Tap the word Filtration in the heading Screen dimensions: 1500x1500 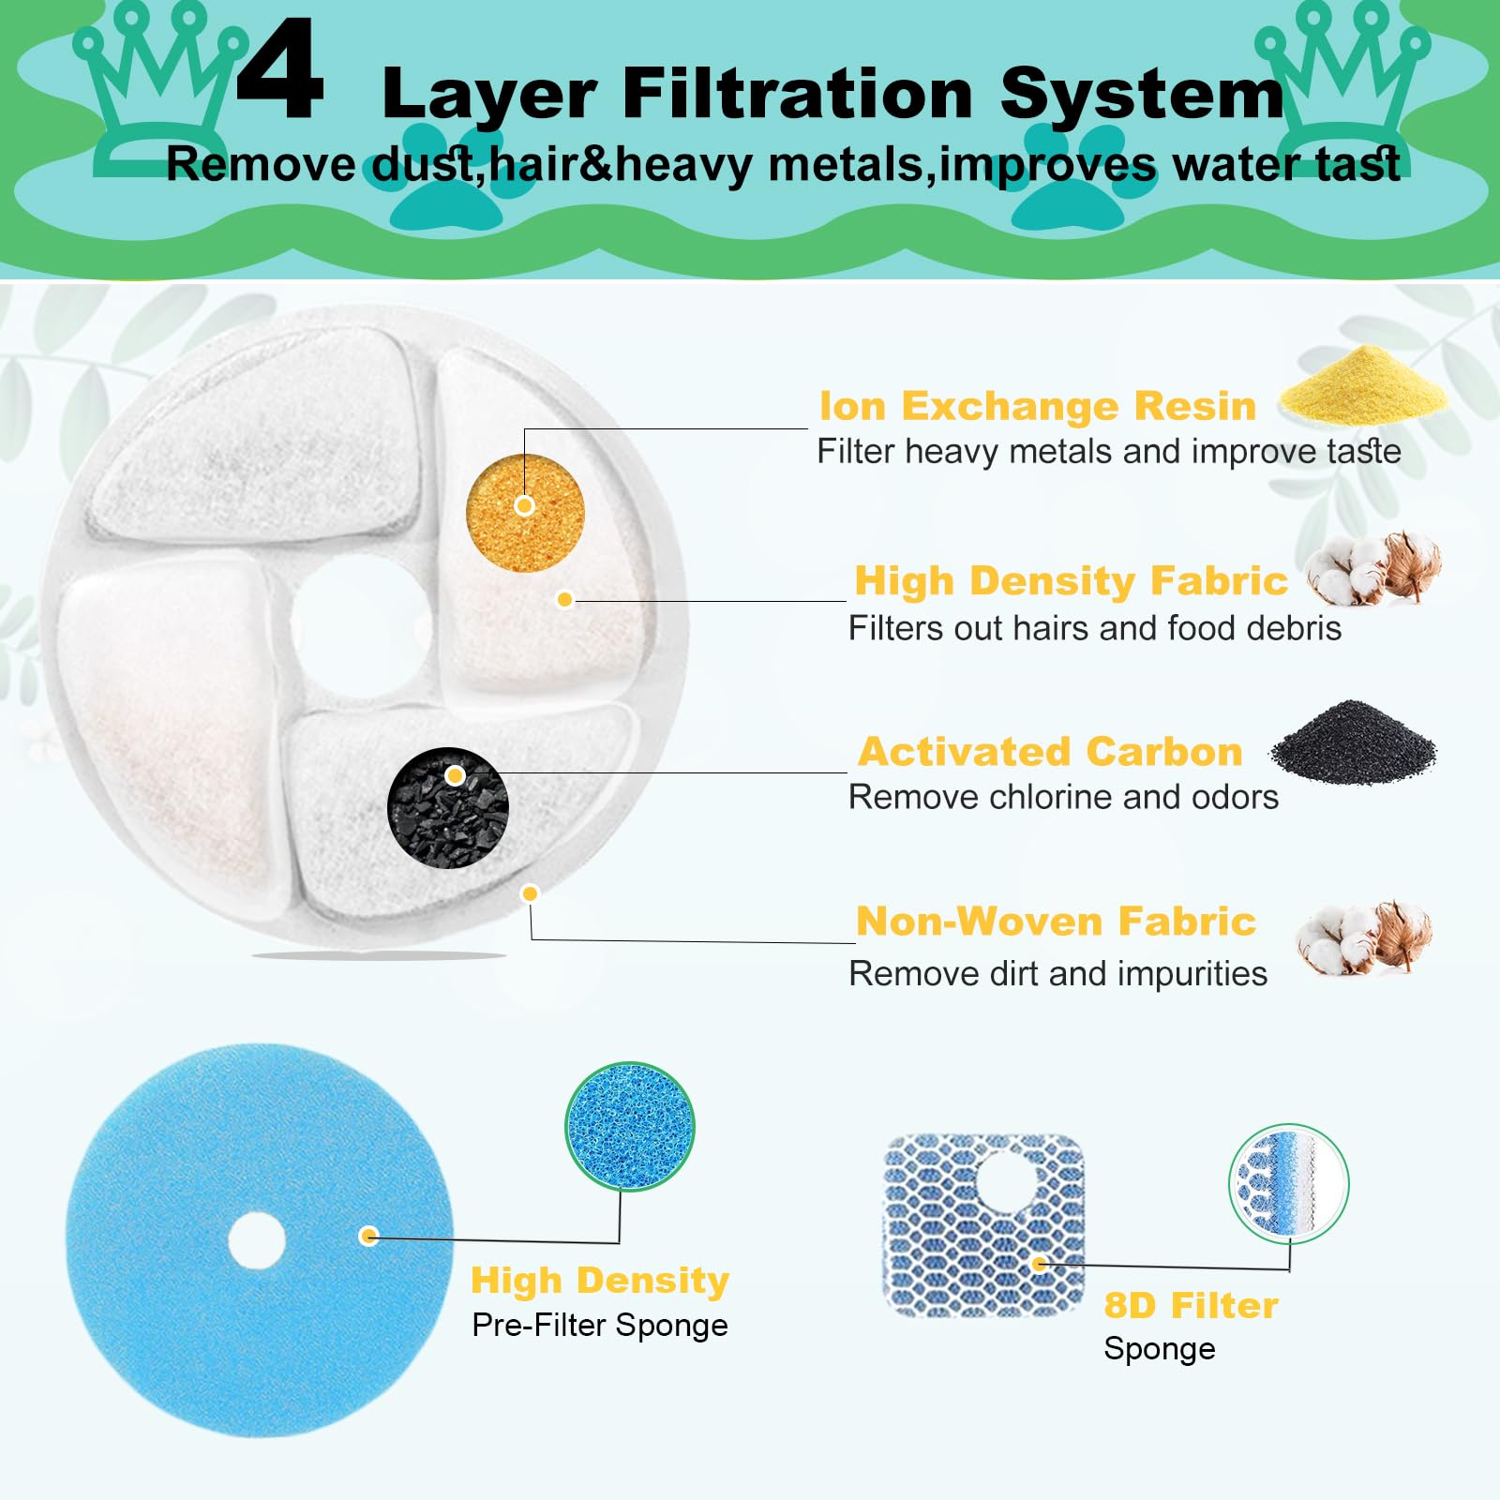(x=797, y=94)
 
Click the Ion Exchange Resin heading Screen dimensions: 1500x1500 (x=1037, y=406)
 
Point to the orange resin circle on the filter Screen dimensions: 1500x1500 (x=525, y=513)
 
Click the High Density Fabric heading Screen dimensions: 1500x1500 (x=1071, y=581)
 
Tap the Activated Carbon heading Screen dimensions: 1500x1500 (x=1050, y=752)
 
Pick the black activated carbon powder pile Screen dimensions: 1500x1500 (x=1352, y=742)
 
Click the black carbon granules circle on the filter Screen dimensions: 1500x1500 (x=448, y=807)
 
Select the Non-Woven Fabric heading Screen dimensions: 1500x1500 (x=1056, y=922)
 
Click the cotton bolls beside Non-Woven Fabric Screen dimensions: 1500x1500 (x=1365, y=937)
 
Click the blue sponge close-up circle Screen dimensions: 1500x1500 (x=630, y=1126)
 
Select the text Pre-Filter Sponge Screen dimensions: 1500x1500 (x=600, y=1326)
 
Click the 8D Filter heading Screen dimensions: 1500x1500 (x=1191, y=1306)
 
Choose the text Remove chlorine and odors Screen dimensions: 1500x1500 (x=1063, y=798)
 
